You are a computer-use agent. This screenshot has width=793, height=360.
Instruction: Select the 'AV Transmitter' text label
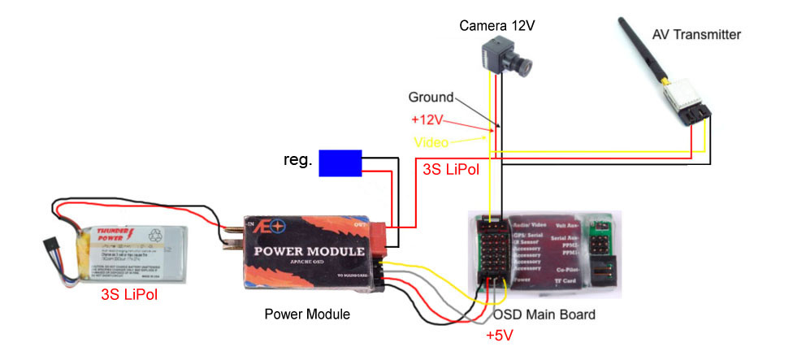(696, 34)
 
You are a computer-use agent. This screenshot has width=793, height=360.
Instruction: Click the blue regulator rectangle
(340, 163)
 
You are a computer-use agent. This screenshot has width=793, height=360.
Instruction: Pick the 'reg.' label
(298, 160)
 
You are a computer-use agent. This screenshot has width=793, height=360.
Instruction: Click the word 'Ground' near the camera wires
(431, 97)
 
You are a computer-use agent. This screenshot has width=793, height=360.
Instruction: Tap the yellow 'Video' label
(431, 141)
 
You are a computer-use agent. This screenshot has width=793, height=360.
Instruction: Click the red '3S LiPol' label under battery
(129, 294)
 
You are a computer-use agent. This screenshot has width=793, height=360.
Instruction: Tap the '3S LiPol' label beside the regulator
(451, 170)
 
